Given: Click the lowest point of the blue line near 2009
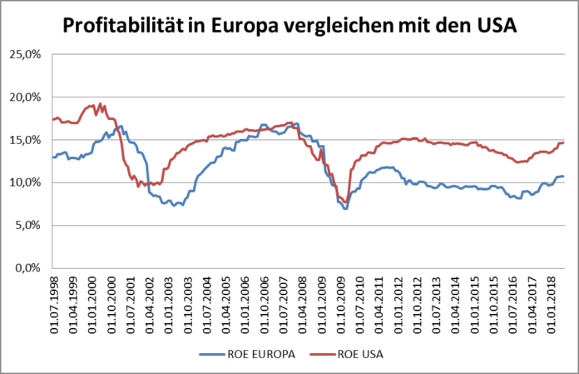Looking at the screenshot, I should tap(344, 208).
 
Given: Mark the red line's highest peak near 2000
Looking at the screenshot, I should tap(101, 104).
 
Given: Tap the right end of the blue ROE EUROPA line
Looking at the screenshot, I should tap(564, 176).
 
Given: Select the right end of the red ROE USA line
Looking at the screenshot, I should tap(564, 142).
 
